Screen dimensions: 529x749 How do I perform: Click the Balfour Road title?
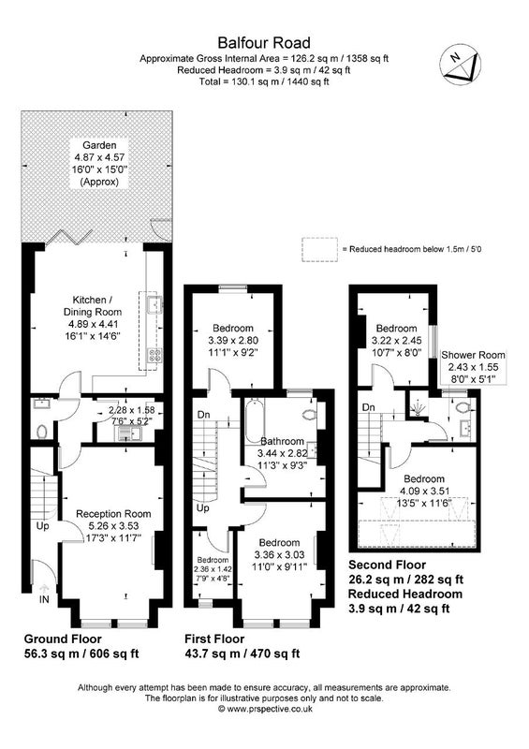coord(264,43)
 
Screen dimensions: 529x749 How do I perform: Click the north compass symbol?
coord(461,65)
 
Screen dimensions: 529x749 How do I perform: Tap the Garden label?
coord(99,145)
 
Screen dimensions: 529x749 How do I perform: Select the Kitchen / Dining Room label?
coord(93,306)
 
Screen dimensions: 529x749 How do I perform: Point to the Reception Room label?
coord(113,514)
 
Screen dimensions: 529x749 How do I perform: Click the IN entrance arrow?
coord(44,588)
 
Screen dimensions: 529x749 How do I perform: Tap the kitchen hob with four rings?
coord(155,355)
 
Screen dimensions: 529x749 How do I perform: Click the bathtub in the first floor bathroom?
coord(254,422)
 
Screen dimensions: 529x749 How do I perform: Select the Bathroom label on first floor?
coord(283,441)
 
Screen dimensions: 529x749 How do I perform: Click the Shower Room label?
coord(473,355)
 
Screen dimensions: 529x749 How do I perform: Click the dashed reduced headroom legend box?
coord(319,249)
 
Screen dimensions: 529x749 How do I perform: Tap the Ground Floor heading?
coord(63,639)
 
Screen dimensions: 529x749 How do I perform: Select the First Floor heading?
coord(214,639)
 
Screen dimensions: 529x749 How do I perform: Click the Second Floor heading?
coord(387,565)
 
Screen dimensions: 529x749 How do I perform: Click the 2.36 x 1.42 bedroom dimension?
coord(213,569)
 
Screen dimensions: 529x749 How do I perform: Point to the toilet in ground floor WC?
coord(42,433)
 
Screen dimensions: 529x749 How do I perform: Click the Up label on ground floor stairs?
coord(43,526)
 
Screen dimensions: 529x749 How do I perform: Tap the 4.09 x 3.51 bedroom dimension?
coord(424,491)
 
